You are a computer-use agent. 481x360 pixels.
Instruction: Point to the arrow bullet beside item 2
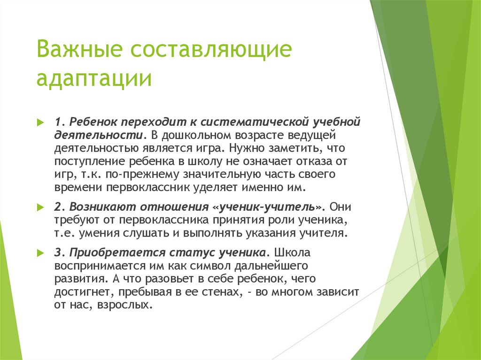41,207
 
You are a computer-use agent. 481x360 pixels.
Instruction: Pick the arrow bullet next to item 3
41,253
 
